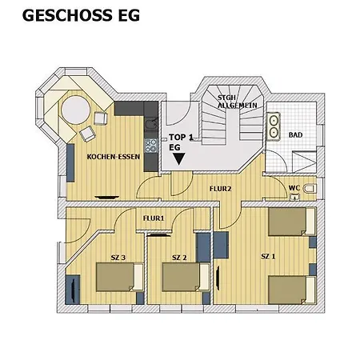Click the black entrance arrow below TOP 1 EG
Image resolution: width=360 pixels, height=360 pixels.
click(x=178, y=158)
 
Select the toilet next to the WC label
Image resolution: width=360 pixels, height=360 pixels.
click(x=310, y=190)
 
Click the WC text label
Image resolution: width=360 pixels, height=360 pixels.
click(x=294, y=189)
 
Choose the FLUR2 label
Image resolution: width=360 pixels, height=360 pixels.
click(x=220, y=190)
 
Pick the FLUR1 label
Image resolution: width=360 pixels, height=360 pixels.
click(x=153, y=218)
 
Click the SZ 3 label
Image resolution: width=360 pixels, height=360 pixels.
click(x=118, y=257)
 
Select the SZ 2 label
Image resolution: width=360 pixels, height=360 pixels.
click(x=179, y=258)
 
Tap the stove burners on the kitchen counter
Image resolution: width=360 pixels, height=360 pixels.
click(x=150, y=145)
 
